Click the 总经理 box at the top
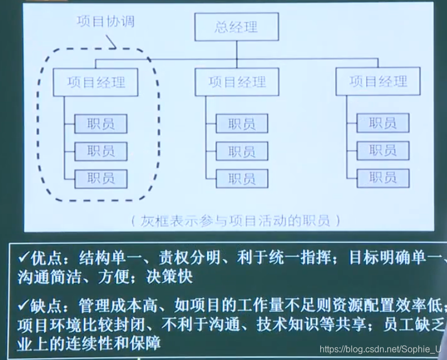click(237, 27)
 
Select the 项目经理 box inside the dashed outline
click(96, 83)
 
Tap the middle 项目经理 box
click(237, 83)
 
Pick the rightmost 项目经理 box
click(378, 82)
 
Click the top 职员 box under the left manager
click(101, 124)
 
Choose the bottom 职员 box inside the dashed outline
click(101, 178)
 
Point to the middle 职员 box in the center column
click(242, 151)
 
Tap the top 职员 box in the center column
click(242, 124)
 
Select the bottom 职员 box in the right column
click(383, 178)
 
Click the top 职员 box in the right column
click(383, 123)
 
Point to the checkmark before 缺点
click(22, 308)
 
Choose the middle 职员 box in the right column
click(383, 151)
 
